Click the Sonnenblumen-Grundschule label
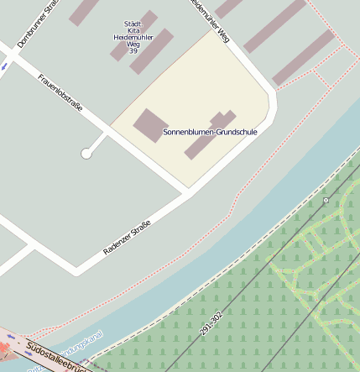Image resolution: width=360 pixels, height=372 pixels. [x=210, y=132]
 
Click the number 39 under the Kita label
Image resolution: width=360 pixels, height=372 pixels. [x=133, y=51]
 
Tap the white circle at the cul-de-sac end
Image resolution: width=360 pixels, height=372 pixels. [x=86, y=154]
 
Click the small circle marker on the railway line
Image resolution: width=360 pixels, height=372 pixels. [x=326, y=200]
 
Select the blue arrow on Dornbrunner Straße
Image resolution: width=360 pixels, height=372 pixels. [x=3, y=64]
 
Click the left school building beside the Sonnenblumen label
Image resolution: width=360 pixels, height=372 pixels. [x=150, y=124]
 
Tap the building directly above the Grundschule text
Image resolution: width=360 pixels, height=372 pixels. [x=222, y=118]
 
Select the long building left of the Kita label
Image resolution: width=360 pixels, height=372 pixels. [x=85, y=12]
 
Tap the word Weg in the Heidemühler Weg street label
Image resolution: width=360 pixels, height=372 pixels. [x=222, y=33]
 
